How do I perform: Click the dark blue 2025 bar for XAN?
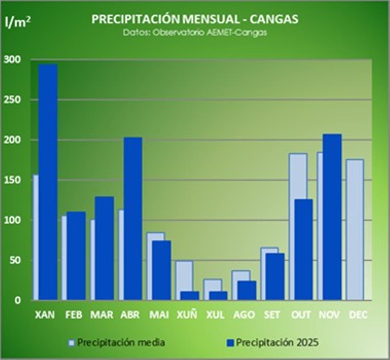48,182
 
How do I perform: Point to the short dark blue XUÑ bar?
189,296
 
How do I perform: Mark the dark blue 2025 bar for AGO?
246,290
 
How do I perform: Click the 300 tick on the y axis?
12,60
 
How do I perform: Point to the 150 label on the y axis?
12,180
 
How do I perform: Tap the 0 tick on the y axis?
17,300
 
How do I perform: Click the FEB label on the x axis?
74,315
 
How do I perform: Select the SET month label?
272,315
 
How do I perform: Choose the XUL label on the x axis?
215,315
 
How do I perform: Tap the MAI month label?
159,315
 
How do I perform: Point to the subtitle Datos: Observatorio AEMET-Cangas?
195,32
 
